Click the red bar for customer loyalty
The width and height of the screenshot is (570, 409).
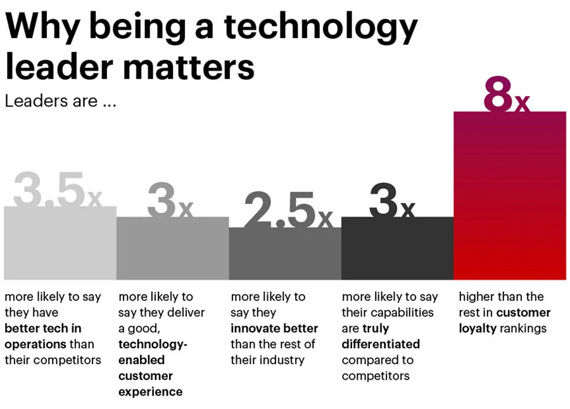510,196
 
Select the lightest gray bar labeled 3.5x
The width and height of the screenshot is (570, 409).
60,244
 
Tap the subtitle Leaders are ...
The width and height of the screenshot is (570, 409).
60,101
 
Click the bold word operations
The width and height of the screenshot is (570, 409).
35,344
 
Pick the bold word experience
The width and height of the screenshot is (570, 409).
150,392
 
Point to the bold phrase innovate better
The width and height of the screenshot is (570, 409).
274,329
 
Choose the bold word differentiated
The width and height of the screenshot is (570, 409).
381,344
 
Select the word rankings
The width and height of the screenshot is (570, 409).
523,329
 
